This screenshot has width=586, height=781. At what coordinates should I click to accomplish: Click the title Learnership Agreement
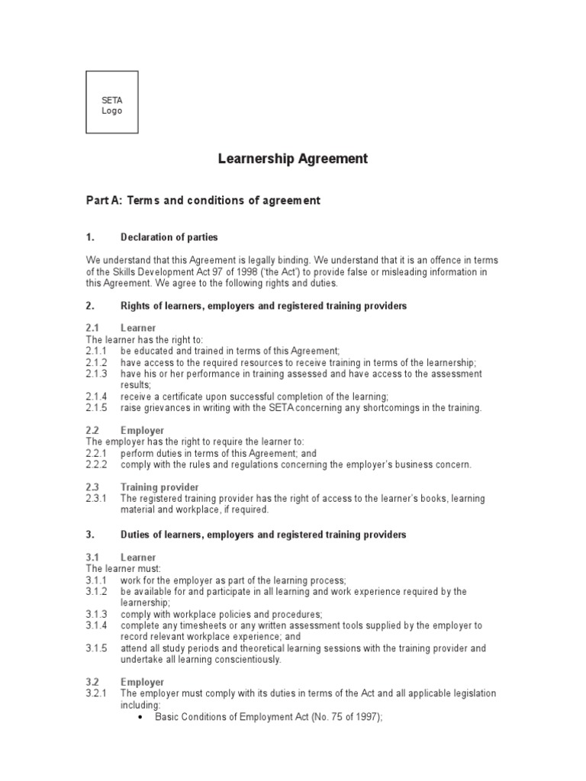pyautogui.click(x=293, y=159)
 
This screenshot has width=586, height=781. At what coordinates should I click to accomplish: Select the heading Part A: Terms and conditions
pyautogui.click(x=203, y=201)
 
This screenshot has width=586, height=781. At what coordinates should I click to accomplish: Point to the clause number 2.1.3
pyautogui.click(x=97, y=374)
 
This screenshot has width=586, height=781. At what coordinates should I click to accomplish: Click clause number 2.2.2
pyautogui.click(x=97, y=464)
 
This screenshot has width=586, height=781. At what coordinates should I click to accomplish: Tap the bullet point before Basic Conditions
pyautogui.click(x=142, y=717)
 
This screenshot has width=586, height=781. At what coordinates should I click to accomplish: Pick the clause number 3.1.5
pyautogui.click(x=97, y=648)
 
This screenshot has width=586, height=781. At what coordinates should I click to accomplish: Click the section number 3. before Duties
pyautogui.click(x=89, y=535)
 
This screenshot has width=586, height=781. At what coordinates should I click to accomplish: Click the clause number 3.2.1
pyautogui.click(x=97, y=693)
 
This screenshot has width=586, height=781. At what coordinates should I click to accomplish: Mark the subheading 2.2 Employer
pyautogui.click(x=142, y=431)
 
